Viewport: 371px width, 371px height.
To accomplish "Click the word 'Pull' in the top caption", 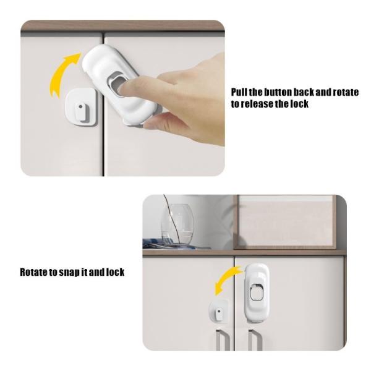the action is tap(239, 92).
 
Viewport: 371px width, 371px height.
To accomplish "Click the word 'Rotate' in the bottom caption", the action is tap(34, 272).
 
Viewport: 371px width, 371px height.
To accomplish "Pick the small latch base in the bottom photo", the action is tap(218, 311).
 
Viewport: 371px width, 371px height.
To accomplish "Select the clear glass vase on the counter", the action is tap(177, 224).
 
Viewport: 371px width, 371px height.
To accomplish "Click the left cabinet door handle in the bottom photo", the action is tap(222, 339).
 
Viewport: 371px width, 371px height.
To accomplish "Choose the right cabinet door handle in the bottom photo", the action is tap(254, 339).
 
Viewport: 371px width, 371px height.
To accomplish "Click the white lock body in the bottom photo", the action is tap(257, 293).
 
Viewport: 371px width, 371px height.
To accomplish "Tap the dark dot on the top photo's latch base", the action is tap(80, 106).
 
